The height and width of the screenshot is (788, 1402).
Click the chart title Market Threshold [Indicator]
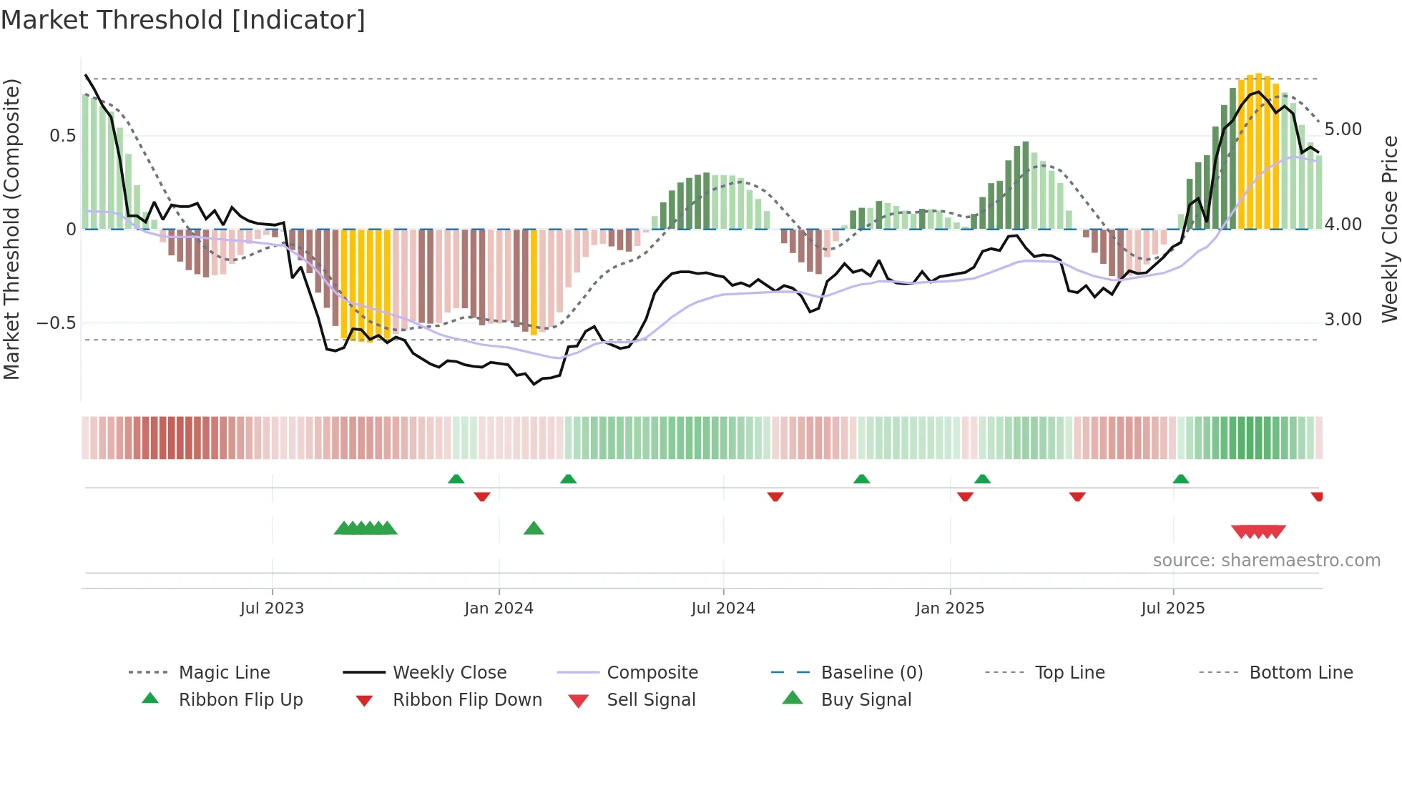coord(183,20)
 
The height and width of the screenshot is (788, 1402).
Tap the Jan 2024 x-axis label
coord(499,608)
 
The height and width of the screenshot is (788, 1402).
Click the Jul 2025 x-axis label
coord(1172,608)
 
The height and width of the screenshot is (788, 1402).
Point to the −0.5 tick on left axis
coord(56,322)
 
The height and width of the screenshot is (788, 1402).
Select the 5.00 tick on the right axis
coord(1343,129)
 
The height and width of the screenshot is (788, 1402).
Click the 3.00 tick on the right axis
coord(1343,320)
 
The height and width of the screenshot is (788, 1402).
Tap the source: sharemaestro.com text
coord(1266,560)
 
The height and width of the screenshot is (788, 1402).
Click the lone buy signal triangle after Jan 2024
coord(534,528)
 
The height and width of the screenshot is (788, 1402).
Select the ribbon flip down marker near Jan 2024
coord(482,496)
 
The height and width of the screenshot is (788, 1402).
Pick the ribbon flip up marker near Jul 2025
coord(1181,479)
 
